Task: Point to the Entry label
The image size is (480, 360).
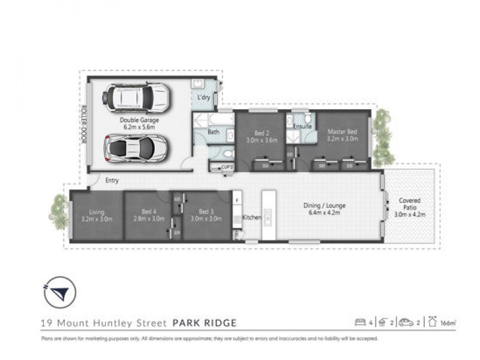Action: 112,180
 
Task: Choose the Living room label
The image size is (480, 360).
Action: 97,215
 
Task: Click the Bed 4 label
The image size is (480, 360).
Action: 147,215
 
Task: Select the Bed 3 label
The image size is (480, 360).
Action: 206,215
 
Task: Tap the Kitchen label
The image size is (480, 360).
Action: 251,217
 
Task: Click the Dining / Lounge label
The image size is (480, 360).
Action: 328,209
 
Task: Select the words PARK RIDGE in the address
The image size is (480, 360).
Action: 204,323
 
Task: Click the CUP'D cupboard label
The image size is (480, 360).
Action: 227,167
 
